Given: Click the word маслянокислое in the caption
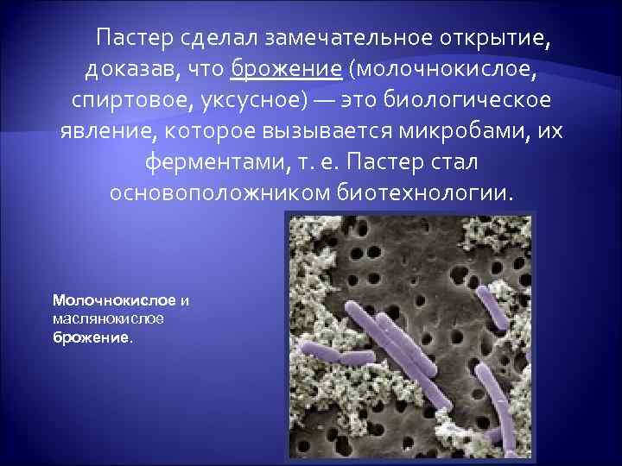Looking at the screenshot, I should pyautogui.click(x=108, y=319).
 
